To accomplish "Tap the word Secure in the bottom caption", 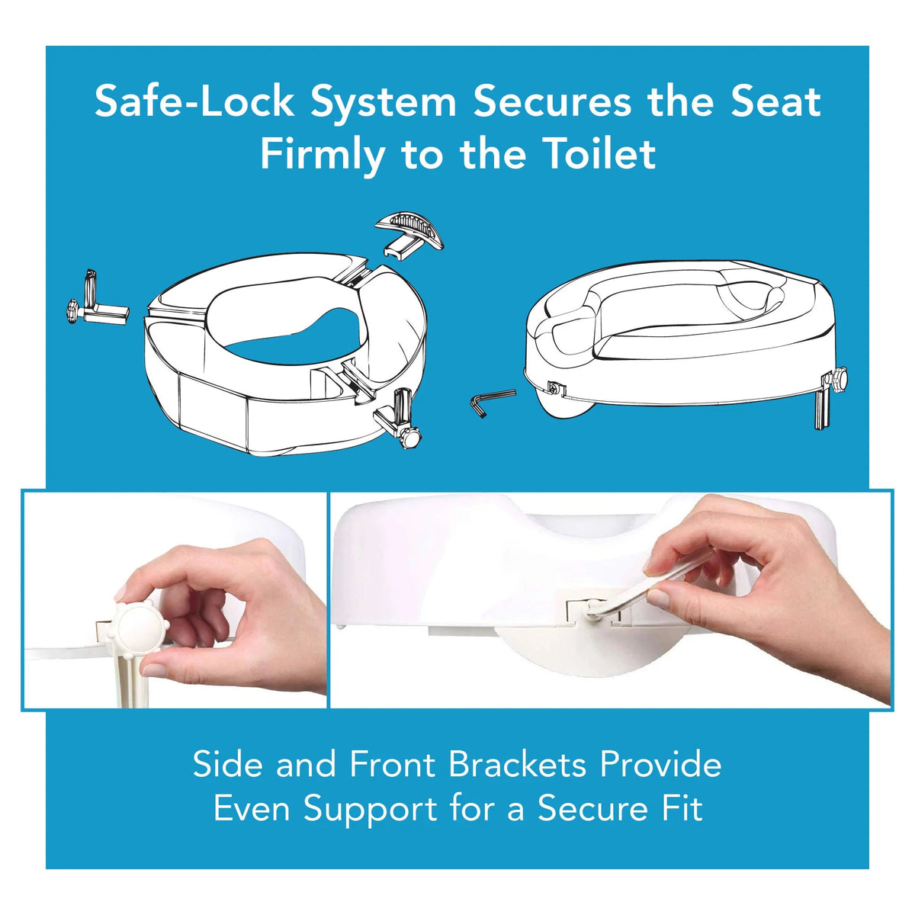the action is (592, 809).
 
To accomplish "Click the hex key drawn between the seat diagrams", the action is (492, 401).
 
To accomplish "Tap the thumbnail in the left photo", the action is (154, 669).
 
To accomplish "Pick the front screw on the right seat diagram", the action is (556, 388).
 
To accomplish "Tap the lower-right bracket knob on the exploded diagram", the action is (409, 437).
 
